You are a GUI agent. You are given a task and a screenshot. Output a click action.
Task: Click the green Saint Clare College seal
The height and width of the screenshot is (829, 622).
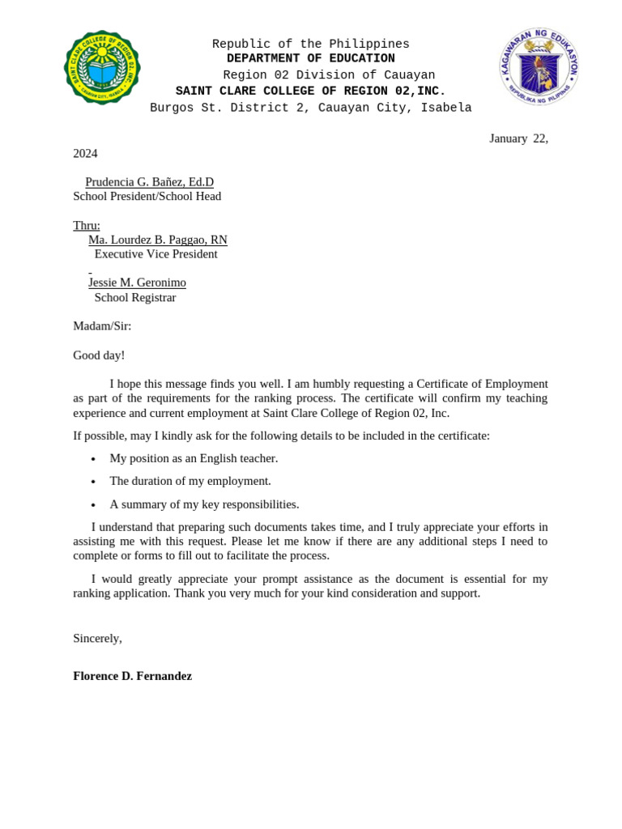[102, 67]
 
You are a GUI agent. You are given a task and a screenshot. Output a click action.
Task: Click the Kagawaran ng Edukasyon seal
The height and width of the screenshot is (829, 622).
[539, 66]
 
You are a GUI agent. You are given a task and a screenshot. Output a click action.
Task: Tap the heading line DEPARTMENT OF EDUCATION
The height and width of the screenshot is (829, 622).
[311, 58]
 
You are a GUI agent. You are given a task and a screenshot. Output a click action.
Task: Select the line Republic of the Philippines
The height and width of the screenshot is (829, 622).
[311, 44]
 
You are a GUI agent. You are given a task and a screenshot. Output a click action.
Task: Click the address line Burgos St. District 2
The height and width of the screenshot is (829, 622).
[311, 108]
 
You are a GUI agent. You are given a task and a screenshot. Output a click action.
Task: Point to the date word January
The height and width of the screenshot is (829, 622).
[508, 138]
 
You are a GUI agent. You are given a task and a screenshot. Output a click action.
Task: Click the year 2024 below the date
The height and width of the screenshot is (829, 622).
[85, 153]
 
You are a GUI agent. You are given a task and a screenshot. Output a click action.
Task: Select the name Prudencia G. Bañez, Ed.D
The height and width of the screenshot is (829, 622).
[150, 181]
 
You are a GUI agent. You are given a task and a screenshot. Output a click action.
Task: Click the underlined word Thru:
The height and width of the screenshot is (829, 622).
[87, 225]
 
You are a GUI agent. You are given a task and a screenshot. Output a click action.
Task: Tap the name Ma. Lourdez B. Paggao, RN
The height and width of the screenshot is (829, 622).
[158, 240]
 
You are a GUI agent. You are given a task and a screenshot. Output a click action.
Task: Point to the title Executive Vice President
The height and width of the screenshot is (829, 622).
[156, 253]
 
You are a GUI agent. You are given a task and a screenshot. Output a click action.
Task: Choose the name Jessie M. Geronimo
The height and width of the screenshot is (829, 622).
[137, 283]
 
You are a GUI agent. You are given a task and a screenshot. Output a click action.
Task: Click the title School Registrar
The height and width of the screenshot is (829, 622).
[135, 297]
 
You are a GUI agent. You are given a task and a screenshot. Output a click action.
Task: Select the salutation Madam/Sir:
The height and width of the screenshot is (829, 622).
[102, 325]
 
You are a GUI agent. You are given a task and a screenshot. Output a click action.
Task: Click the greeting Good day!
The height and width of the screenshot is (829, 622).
[99, 355]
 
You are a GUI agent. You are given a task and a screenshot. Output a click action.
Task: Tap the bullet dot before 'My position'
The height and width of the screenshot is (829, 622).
[93, 460]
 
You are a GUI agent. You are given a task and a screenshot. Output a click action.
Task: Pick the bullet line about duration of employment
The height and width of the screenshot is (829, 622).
[190, 481]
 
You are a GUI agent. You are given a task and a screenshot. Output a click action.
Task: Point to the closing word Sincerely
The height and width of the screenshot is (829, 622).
[97, 638]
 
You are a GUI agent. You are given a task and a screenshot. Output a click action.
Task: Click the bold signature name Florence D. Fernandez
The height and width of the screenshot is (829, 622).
[133, 676]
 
